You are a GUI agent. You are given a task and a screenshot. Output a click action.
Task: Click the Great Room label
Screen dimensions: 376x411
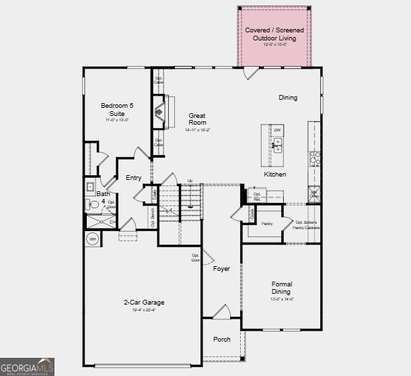[197, 119]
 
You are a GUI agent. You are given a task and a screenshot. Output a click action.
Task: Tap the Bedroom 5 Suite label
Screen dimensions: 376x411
[116, 110]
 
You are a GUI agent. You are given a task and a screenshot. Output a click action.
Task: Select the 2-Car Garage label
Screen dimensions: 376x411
[143, 303]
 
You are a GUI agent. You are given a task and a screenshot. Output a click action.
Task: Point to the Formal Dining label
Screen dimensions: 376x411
[281, 288]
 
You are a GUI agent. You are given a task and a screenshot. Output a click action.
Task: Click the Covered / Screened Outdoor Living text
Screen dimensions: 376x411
[274, 34]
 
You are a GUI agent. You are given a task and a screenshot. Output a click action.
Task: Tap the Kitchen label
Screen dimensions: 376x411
[274, 175]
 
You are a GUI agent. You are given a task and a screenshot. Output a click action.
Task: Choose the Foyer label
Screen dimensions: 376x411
[221, 269]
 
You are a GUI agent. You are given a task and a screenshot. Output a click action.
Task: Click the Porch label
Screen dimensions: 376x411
[221, 340]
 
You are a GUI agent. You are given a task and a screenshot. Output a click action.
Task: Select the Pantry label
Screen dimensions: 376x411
[267, 223]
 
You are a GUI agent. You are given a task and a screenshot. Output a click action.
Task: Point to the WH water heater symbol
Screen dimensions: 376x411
[92, 239]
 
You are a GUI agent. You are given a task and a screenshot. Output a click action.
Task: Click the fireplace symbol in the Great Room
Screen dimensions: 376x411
[160, 112]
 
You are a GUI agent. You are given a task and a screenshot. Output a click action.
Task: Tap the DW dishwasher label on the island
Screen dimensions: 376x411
[277, 130]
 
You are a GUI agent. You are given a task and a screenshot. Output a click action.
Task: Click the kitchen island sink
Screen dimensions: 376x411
[277, 144]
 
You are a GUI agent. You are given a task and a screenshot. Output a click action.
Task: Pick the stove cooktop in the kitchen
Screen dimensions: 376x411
[314, 158]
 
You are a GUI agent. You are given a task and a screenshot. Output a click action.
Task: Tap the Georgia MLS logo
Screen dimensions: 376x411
[27, 367]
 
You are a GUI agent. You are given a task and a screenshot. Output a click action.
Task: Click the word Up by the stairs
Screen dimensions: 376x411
[190, 181]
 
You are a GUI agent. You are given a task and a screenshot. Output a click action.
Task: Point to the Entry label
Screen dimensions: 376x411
[133, 178]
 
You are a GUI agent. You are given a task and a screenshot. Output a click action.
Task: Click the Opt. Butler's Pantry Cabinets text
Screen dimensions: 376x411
[306, 225]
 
